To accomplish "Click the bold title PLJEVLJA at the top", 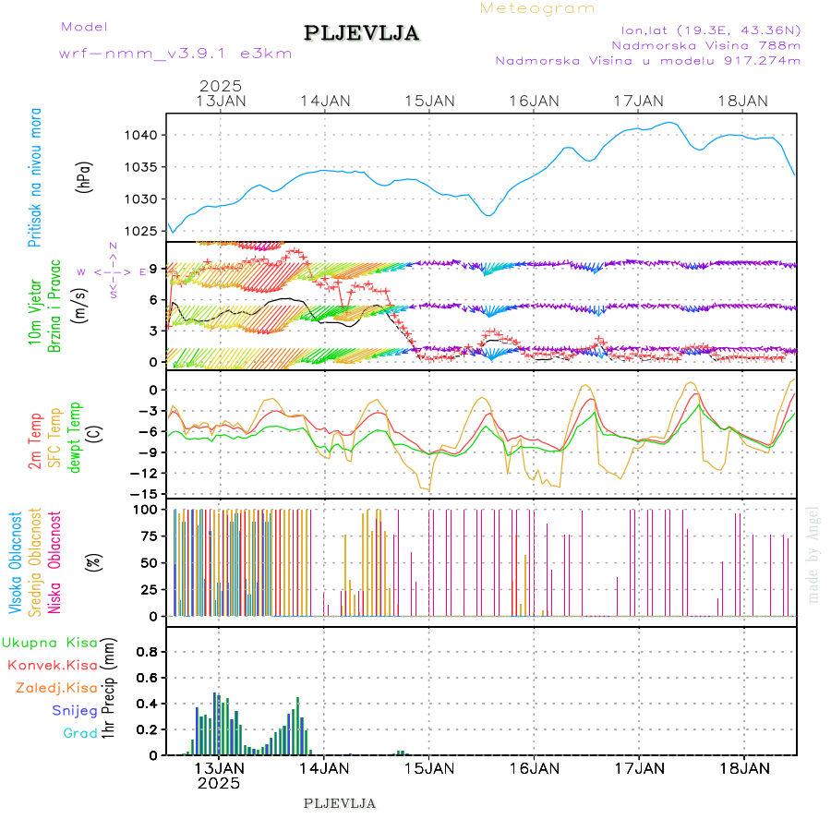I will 361,34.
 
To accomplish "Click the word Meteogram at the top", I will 537,8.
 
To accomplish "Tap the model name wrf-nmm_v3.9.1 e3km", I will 175,54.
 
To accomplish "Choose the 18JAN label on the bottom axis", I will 743,768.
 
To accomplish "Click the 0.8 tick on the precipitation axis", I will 148,652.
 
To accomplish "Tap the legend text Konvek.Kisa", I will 52,665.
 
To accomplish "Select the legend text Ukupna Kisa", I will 51,643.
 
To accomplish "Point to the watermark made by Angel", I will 813,554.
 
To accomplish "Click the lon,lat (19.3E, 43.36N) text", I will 711,30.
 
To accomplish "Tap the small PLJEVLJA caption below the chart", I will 339,803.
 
